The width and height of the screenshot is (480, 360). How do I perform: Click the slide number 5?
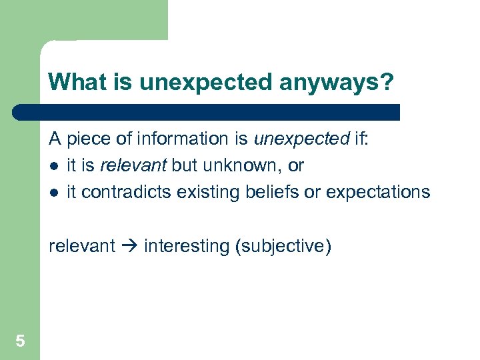(x=20, y=342)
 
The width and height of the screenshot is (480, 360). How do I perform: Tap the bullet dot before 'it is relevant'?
(x=53, y=166)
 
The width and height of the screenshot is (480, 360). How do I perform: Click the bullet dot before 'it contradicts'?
(x=53, y=193)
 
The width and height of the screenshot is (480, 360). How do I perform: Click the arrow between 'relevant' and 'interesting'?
(x=129, y=246)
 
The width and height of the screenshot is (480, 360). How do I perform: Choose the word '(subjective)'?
(x=283, y=246)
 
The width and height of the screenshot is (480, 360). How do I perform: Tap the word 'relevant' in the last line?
(x=82, y=246)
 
